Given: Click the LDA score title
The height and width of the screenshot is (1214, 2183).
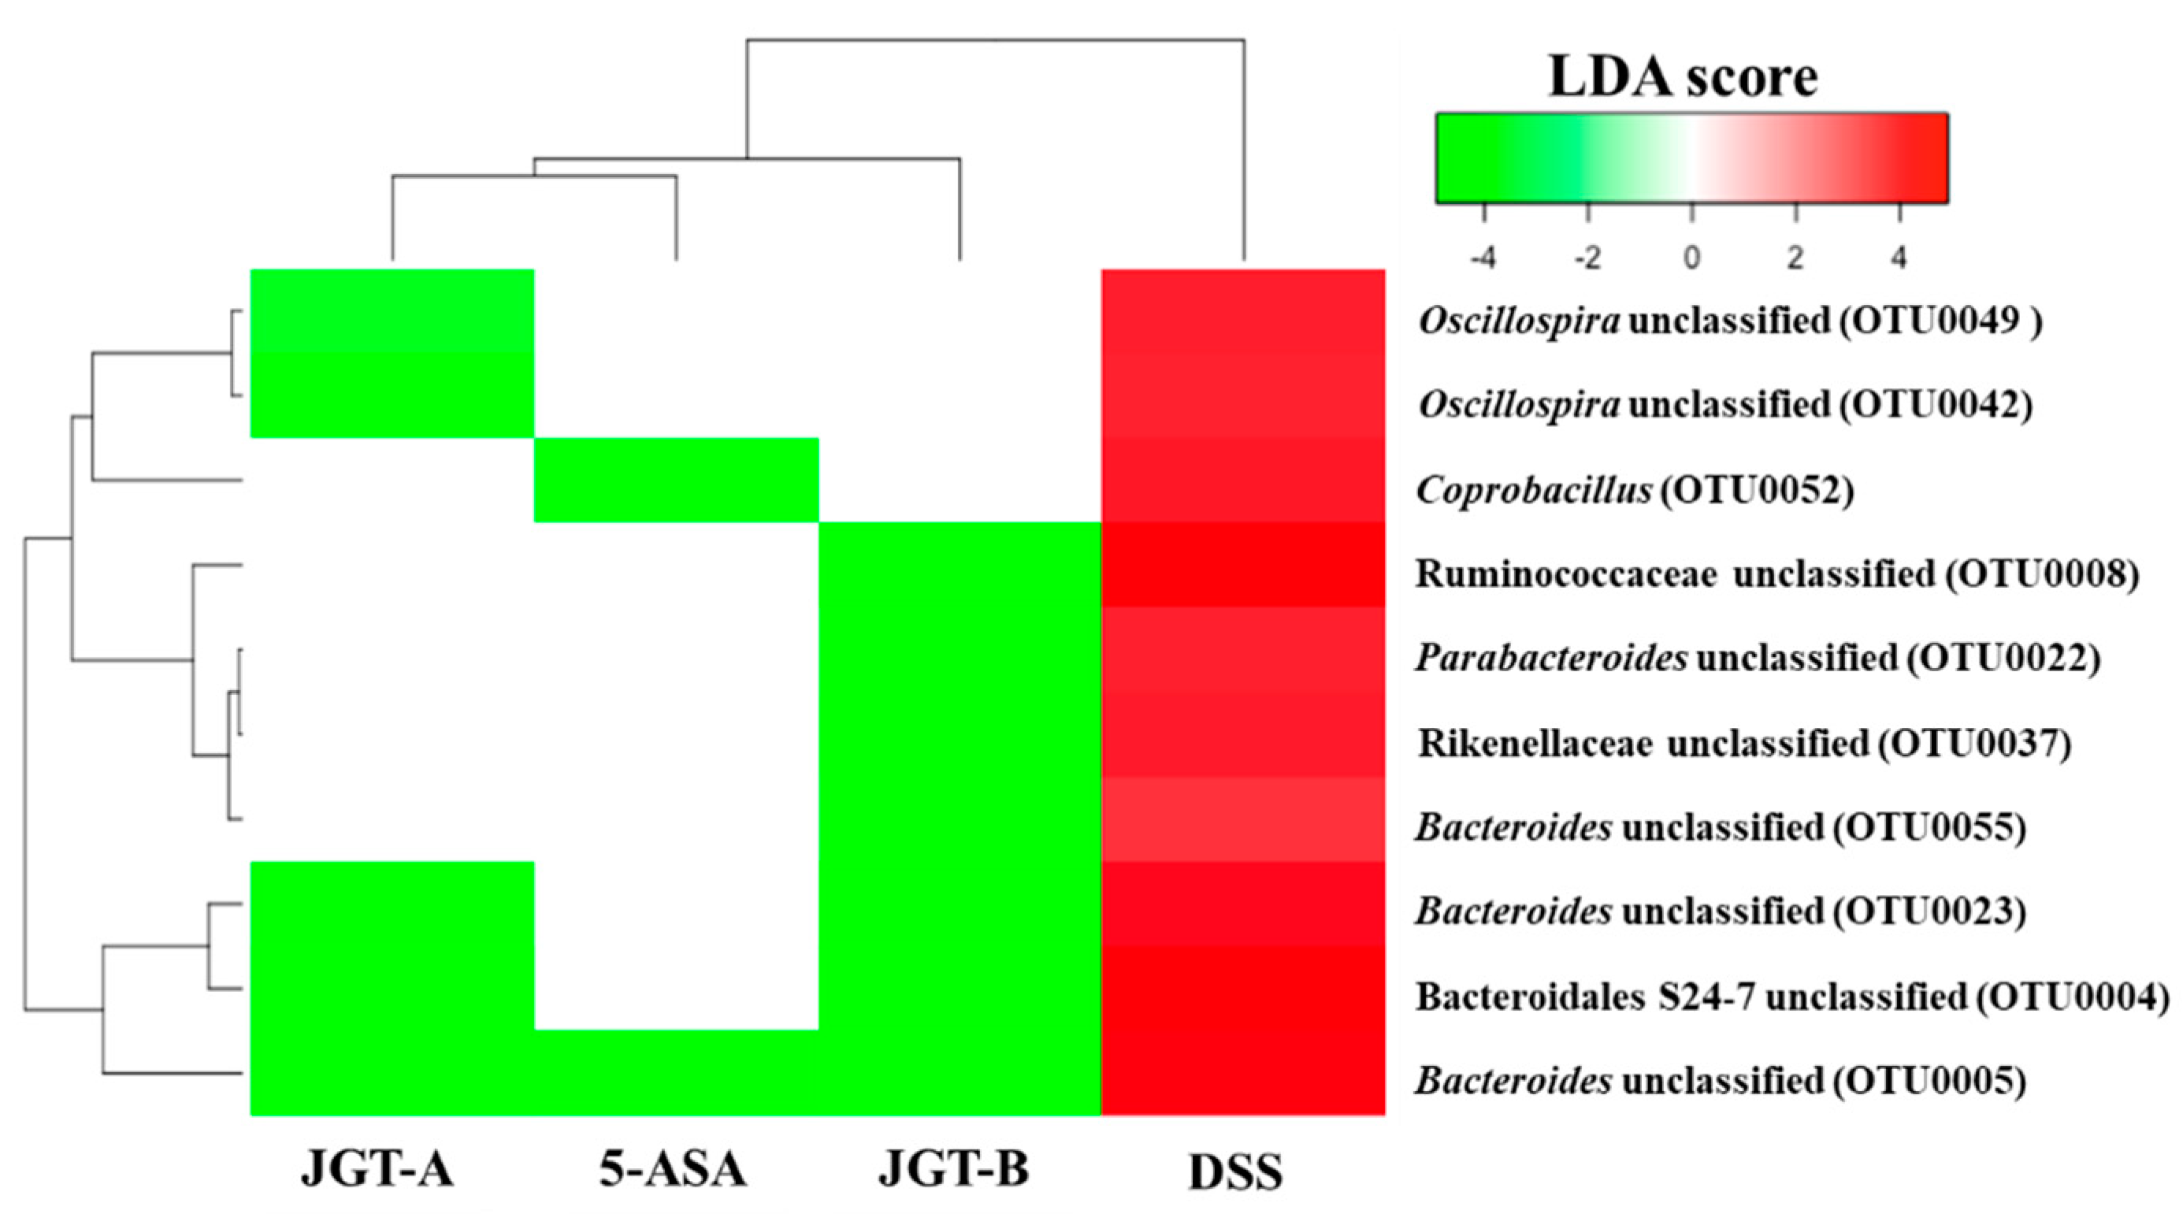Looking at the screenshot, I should pos(1682,77).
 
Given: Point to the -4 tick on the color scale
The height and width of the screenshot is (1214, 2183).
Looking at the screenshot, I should pos(1482,257).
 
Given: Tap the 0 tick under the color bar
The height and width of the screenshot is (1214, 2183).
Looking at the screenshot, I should pos(1691,257).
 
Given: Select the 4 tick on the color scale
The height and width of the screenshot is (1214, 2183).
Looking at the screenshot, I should pos(1899,257).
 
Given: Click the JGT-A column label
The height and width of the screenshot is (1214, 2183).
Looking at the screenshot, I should pos(377,1169).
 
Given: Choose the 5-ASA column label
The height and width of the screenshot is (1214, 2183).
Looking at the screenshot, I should pos(673,1169).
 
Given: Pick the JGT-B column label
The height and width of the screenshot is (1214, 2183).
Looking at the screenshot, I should pos(953,1169).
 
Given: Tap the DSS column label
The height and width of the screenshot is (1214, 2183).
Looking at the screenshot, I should pos(1235,1172).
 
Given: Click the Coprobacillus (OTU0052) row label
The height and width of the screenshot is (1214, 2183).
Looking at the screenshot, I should pos(1635,490).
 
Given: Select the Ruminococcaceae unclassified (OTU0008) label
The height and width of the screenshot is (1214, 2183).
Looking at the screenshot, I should pos(1776,574).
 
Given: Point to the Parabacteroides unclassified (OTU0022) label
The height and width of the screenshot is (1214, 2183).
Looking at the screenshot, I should pos(1757,659).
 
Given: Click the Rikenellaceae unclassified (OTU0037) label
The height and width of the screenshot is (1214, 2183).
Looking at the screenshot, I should pos(1744,743).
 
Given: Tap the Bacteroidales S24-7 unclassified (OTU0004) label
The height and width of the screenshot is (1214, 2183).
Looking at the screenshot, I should pos(1791,997).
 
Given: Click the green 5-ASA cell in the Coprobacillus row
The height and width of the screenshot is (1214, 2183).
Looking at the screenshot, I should pos(676,480).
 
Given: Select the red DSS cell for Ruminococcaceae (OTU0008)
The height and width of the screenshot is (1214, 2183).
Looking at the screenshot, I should pos(1242,564).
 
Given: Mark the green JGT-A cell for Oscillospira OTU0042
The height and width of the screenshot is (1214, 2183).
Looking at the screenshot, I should pos(392,395).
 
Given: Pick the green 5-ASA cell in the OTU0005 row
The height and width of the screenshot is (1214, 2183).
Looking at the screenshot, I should pos(676,1072).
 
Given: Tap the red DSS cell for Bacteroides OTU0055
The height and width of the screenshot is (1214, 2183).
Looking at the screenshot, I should pos(1242,819).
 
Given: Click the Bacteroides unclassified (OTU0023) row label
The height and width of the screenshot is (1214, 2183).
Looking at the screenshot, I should pos(1720,912).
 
